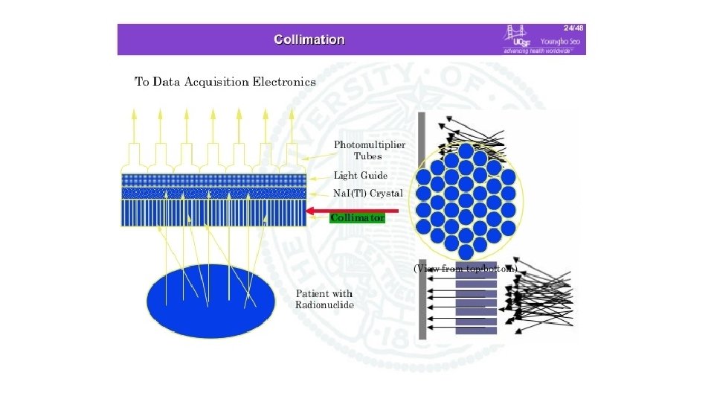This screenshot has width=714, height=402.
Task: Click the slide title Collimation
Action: (x=309, y=39)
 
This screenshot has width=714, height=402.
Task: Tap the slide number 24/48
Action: (x=573, y=28)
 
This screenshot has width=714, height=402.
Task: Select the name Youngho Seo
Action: (x=563, y=41)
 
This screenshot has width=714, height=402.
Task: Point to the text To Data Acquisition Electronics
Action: (x=225, y=82)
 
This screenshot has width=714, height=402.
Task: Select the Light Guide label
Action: (x=360, y=176)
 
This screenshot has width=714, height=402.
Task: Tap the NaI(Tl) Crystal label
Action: (x=368, y=193)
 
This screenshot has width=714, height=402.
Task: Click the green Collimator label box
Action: (x=357, y=218)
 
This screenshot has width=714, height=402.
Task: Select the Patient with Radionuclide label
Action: (x=324, y=299)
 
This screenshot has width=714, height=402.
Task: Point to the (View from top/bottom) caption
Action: (x=465, y=269)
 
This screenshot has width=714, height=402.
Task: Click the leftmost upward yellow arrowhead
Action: (x=135, y=114)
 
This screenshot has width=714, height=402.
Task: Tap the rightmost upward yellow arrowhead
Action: (x=291, y=114)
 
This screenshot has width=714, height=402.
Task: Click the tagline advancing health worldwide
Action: (x=533, y=51)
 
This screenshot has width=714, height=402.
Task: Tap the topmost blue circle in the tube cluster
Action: (x=466, y=151)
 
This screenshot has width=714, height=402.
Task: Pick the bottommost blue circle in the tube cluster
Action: (x=466, y=253)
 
